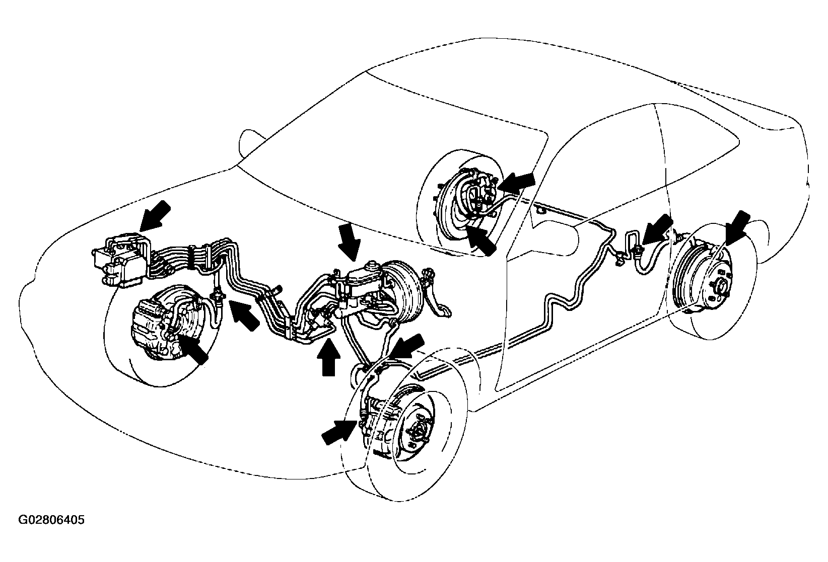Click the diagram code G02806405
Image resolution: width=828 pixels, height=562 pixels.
pyautogui.click(x=51, y=520)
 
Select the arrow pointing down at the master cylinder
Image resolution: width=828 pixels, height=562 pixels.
pyautogui.click(x=349, y=243)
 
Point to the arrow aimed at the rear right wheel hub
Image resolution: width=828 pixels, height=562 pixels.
pyautogui.click(x=738, y=228)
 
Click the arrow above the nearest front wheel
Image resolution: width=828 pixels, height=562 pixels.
pyautogui.click(x=406, y=347)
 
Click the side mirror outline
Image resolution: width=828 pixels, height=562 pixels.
pyautogui.click(x=252, y=143)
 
